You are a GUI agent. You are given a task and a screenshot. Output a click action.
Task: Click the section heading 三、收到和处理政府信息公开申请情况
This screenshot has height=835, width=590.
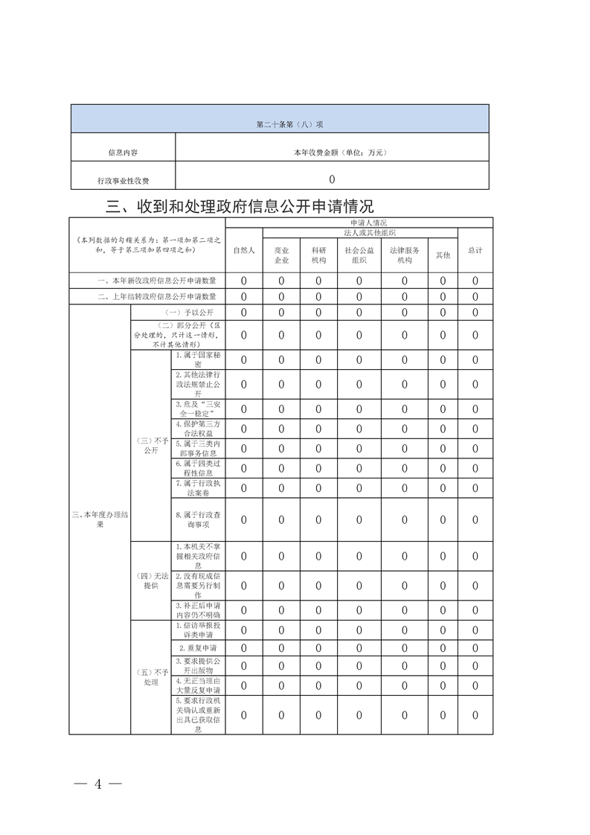(239, 206)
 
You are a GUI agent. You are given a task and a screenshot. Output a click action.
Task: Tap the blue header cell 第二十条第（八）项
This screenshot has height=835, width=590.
(280, 124)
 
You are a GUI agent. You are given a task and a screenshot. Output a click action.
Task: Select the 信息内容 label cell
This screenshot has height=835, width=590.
(123, 153)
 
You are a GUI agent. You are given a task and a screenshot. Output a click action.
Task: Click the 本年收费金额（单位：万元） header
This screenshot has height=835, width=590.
(331, 153)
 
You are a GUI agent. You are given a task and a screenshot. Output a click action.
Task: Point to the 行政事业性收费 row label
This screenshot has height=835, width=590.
(123, 180)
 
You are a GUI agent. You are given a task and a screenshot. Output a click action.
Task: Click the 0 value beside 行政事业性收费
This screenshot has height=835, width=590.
(332, 179)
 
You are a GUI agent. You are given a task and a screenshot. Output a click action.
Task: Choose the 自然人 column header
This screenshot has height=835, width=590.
(243, 251)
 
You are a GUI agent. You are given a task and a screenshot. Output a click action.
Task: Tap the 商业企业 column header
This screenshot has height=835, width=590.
(281, 255)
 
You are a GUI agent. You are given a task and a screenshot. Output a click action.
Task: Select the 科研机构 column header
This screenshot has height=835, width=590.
(318, 255)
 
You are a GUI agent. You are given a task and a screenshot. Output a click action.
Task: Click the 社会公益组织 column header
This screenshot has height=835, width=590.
(359, 255)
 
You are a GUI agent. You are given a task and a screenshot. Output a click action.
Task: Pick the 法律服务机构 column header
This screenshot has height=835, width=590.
(405, 255)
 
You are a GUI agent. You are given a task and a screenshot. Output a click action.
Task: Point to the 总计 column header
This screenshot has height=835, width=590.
(475, 251)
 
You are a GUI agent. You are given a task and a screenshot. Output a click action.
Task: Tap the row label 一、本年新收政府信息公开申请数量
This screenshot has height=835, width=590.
(147, 281)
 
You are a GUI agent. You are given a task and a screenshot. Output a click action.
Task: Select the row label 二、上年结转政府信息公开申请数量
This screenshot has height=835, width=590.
(147, 297)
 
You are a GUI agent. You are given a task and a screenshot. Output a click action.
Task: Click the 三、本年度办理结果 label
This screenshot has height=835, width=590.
(100, 519)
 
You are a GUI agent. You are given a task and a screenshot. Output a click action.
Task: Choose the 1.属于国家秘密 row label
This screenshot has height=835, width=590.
(198, 360)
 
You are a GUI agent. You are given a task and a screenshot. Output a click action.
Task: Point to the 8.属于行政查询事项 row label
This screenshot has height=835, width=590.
(198, 519)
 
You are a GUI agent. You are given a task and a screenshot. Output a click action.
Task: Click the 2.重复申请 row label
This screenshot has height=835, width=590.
(198, 648)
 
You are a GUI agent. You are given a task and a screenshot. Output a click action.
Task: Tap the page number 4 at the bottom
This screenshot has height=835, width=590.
(97, 784)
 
